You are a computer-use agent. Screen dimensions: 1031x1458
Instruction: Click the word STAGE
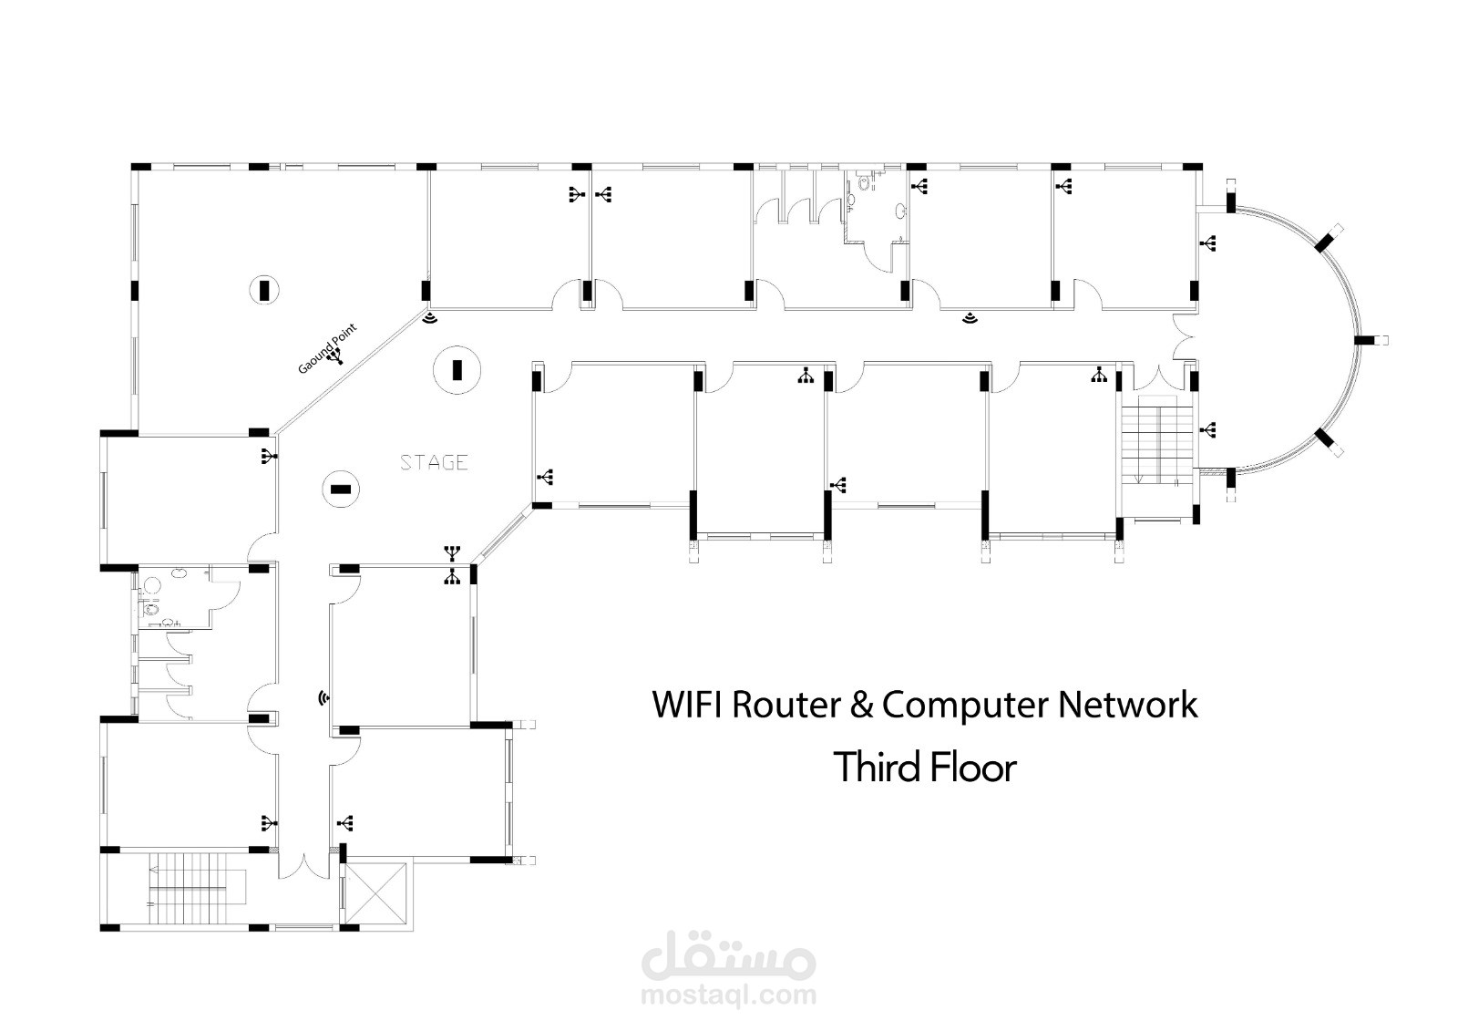click(x=435, y=463)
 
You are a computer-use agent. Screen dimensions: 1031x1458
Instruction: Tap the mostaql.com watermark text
click(x=729, y=995)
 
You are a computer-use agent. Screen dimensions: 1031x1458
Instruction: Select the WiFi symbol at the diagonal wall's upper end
click(x=429, y=317)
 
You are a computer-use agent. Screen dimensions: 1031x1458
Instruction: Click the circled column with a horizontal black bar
click(x=341, y=490)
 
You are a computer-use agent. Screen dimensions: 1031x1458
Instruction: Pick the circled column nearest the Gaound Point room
click(x=264, y=290)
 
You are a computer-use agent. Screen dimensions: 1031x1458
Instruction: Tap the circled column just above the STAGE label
click(x=457, y=369)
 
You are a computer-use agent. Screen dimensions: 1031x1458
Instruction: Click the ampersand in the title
click(x=861, y=705)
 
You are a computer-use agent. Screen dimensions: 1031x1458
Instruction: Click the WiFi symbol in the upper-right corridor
click(x=970, y=318)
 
